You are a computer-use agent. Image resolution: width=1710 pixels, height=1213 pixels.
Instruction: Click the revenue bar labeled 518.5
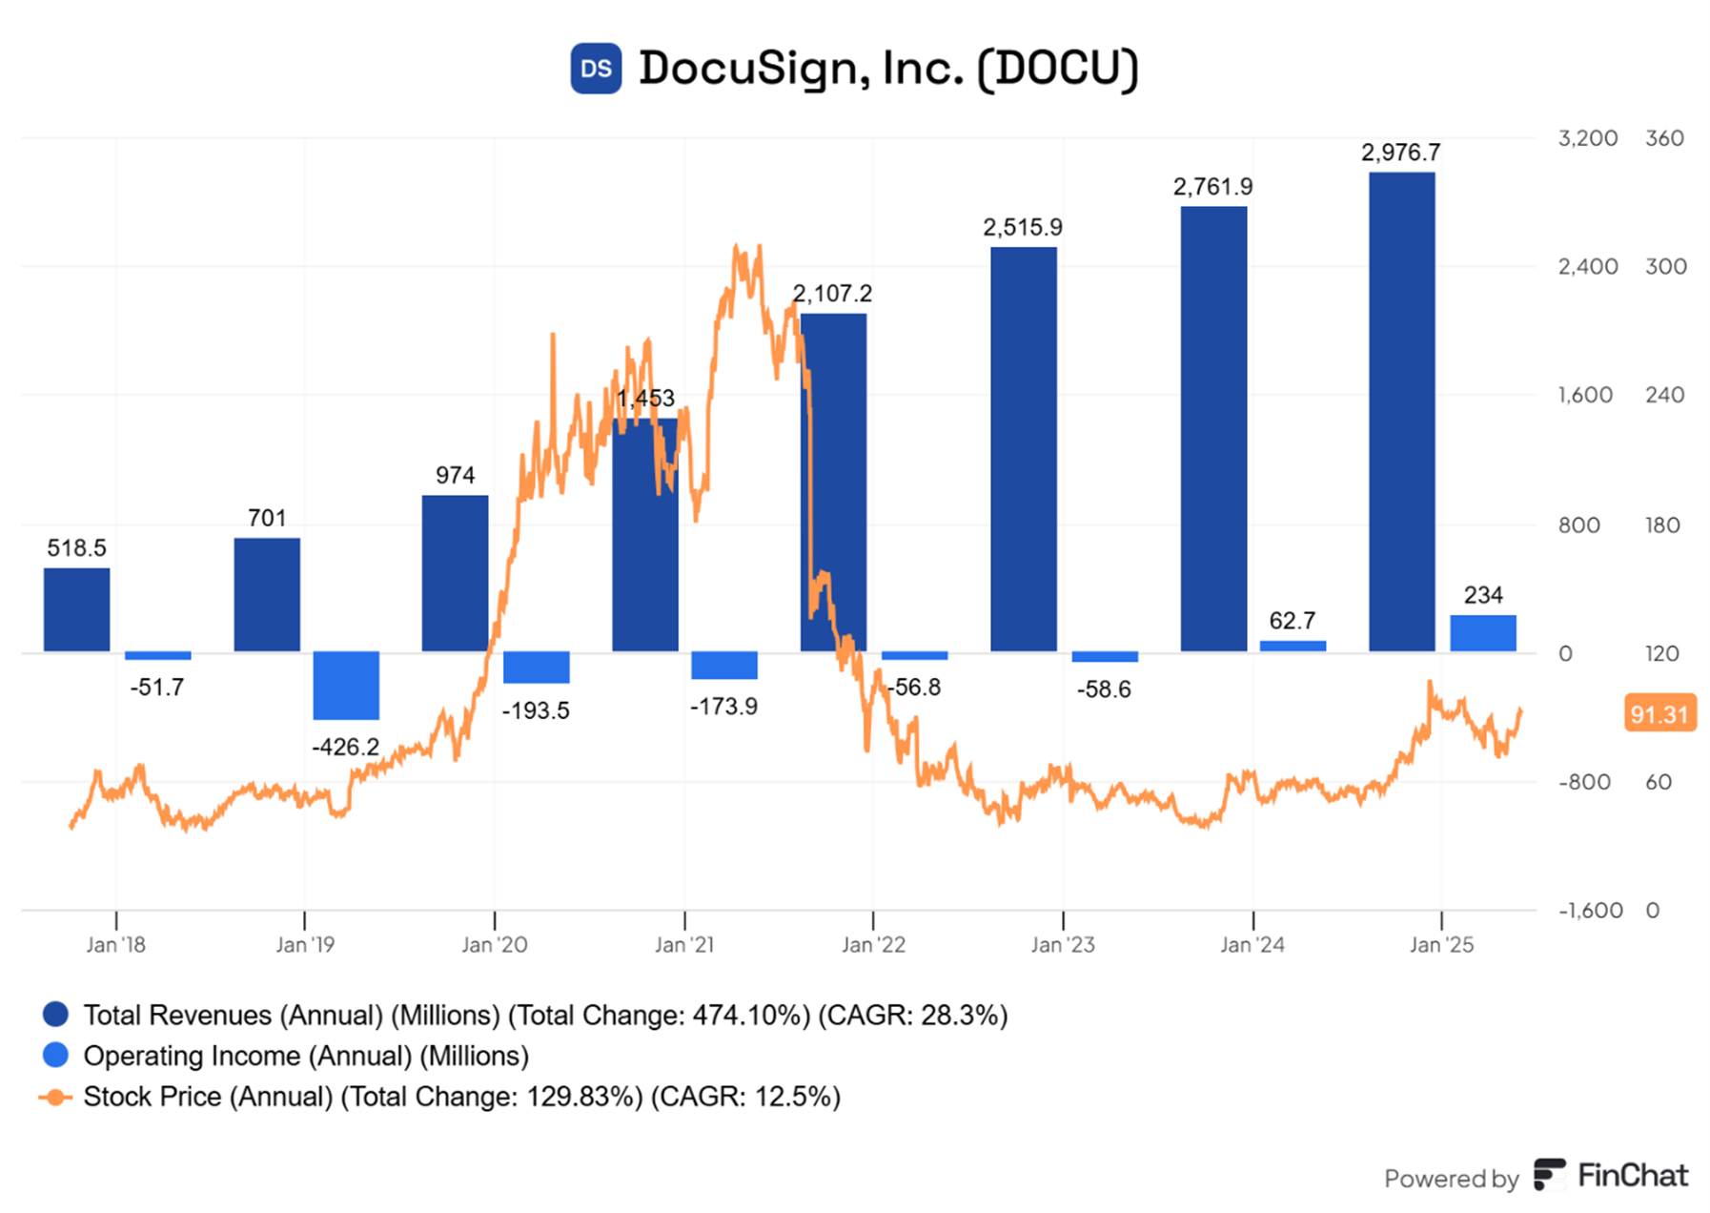[76, 610]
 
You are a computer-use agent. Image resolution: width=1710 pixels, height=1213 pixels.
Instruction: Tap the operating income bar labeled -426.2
[346, 686]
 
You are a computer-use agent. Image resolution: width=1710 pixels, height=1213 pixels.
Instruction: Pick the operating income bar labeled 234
[1483, 633]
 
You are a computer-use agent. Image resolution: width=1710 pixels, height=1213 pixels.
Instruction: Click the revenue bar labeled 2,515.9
[1024, 449]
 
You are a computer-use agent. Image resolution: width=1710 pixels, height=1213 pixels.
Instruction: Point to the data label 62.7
[1292, 621]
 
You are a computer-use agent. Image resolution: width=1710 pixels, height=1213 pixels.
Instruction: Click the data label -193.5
[536, 710]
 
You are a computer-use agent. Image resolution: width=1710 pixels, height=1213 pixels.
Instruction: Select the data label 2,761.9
[1212, 187]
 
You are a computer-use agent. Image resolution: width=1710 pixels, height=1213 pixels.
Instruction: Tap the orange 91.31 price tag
[1659, 713]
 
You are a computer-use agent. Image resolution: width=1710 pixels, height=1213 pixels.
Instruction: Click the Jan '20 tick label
[494, 945]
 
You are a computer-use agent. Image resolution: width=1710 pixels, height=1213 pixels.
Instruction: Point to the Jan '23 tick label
[1063, 945]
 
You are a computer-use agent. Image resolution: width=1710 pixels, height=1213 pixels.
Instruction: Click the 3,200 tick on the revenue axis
[1587, 138]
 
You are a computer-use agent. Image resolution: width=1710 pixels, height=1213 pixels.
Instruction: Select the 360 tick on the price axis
[1664, 138]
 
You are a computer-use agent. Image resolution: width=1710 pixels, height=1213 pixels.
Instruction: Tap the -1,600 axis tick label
[1590, 911]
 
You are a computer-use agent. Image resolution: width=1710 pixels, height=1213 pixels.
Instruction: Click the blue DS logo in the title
[596, 69]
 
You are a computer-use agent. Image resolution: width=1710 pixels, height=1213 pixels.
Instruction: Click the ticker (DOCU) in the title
[1058, 69]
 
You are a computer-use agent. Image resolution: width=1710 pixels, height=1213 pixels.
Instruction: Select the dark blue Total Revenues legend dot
[56, 1015]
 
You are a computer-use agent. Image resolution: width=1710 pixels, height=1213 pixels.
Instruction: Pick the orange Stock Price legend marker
[55, 1098]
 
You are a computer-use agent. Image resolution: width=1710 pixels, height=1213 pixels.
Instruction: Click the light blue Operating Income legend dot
[56, 1056]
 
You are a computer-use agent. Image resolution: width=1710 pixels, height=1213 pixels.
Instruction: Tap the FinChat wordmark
[1632, 1176]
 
